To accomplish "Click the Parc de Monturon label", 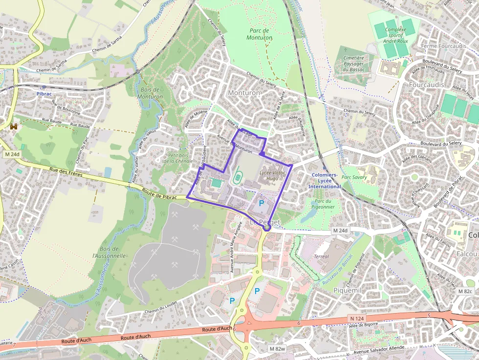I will [260, 33].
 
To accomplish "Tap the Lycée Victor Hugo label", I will [272, 175].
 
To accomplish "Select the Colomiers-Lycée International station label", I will [324, 181].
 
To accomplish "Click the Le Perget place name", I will [264, 222].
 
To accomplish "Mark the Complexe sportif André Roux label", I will [395, 35].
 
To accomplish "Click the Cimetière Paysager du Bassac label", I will [353, 64].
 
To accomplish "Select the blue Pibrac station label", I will [44, 93].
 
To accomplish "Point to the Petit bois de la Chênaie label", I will [180, 158].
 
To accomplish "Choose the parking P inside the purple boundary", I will [261, 203].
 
